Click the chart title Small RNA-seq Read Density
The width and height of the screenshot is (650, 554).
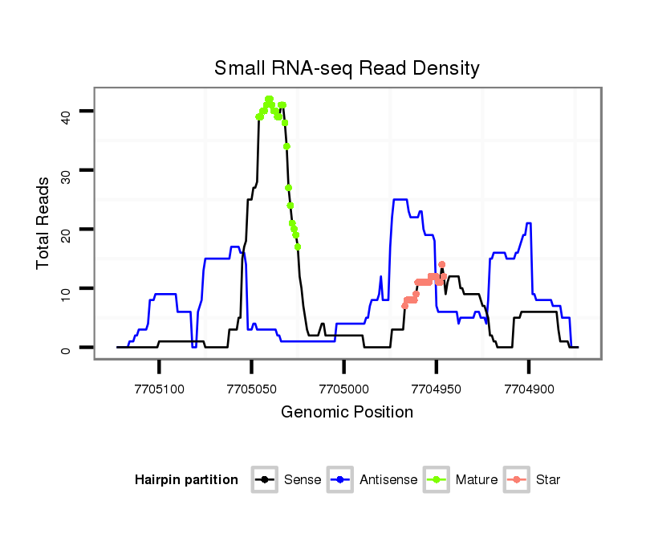pos(347,68)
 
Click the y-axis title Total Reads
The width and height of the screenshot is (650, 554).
pos(43,222)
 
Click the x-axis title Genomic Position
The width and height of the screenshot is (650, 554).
pos(347,413)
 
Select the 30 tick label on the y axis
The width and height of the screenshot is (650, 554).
pos(66,170)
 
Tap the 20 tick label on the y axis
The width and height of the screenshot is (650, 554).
pos(66,230)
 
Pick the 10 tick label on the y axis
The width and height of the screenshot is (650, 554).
pos(66,289)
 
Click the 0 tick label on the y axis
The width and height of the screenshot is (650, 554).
pos(66,348)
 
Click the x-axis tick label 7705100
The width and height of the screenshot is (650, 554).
pos(160,388)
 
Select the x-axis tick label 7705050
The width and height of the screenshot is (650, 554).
pos(252,388)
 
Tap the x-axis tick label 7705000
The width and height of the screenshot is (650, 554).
pos(344,388)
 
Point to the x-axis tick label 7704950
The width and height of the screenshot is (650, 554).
pos(437,388)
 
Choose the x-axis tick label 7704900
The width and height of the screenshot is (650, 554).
pos(529,388)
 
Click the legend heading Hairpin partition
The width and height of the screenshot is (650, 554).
pos(186,480)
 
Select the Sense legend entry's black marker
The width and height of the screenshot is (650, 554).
pos(265,480)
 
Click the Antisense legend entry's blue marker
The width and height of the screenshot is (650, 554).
pos(340,480)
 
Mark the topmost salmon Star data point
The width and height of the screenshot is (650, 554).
pos(441,264)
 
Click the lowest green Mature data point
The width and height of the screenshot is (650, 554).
pos(298,246)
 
